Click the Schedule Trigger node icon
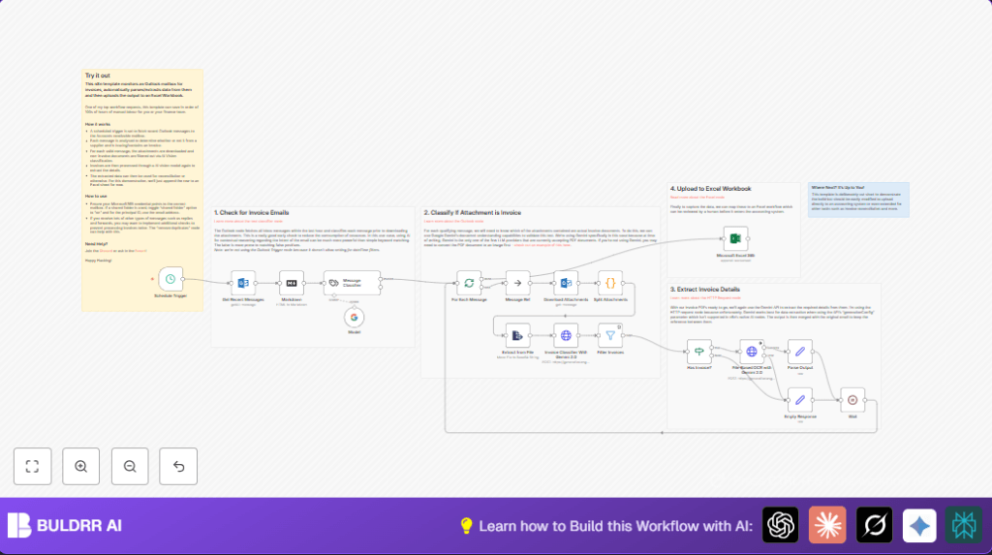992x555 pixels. pyautogui.click(x=170, y=279)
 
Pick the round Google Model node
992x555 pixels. pyautogui.click(x=354, y=317)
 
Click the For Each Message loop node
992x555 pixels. pyautogui.click(x=469, y=284)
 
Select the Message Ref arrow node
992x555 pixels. pyautogui.click(x=517, y=284)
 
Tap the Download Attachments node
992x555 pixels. pyautogui.click(x=566, y=284)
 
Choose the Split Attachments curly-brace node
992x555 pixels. pyautogui.click(x=610, y=284)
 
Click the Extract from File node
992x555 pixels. pyautogui.click(x=517, y=335)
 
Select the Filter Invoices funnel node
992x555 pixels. pyautogui.click(x=610, y=335)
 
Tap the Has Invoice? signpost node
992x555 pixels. pyautogui.click(x=698, y=353)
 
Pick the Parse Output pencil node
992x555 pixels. pyautogui.click(x=799, y=353)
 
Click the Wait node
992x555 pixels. pyautogui.click(x=852, y=399)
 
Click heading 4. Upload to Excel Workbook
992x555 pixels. pyautogui.click(x=710, y=188)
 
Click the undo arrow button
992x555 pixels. pyautogui.click(x=178, y=466)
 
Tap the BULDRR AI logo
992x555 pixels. pyautogui.click(x=66, y=526)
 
